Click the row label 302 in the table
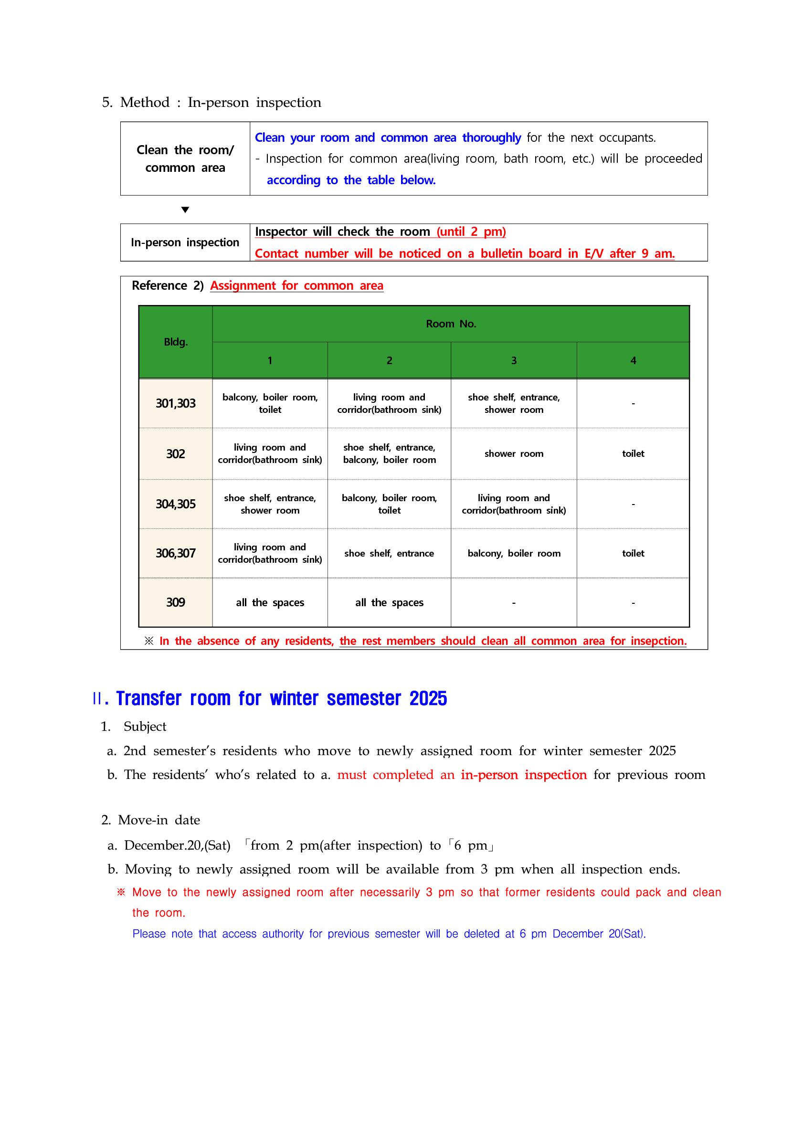click(x=175, y=454)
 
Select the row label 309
click(x=175, y=602)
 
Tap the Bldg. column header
click(x=176, y=342)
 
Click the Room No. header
click(x=451, y=324)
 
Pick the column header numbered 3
click(x=514, y=361)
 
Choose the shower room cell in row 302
click(x=514, y=454)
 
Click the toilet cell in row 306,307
click(x=633, y=553)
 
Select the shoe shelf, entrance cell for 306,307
click(x=389, y=553)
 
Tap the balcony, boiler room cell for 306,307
click(x=514, y=553)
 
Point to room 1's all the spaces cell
click(x=270, y=602)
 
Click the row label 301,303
click(x=175, y=403)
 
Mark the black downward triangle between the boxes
click(x=185, y=210)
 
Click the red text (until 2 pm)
click(x=471, y=231)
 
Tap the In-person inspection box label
click(x=185, y=242)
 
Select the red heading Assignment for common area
click(x=296, y=285)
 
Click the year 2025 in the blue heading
click(x=428, y=698)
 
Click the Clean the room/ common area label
click(x=185, y=159)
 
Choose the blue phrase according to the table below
click(x=351, y=180)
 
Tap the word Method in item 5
click(x=145, y=103)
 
